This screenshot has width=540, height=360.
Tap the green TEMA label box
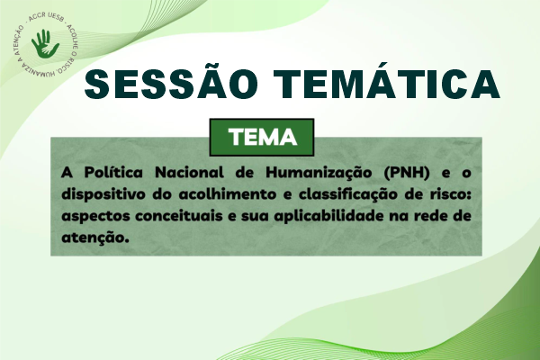click(262, 137)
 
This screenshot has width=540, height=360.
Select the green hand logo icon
click(45, 44)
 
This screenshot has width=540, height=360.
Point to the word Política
click(113, 172)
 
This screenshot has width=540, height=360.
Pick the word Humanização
click(319, 173)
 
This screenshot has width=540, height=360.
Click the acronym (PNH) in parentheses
click(407, 173)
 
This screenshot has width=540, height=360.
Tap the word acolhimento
click(228, 194)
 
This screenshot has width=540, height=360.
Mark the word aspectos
click(95, 217)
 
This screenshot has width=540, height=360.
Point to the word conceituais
click(178, 216)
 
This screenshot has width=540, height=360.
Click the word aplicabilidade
click(328, 216)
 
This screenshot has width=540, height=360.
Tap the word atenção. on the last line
click(95, 238)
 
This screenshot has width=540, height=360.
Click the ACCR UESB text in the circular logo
click(47, 18)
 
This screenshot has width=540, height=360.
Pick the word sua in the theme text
click(255, 217)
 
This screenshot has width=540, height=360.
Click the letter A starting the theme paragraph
click(67, 172)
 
